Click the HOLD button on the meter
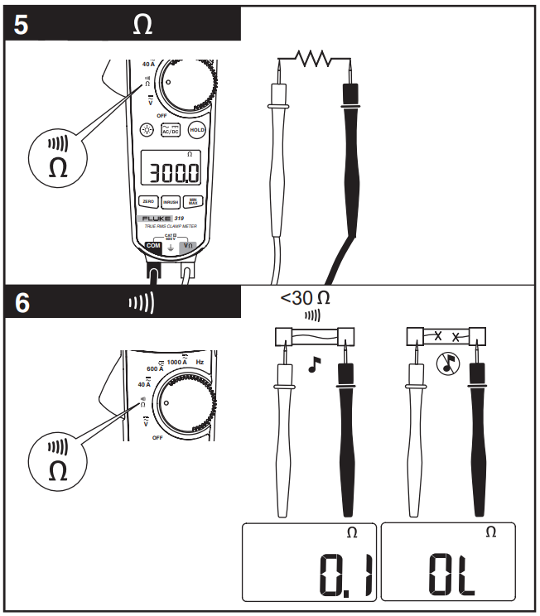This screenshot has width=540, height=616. click(196, 130)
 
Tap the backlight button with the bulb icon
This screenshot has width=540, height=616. click(147, 130)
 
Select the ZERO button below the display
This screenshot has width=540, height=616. click(148, 201)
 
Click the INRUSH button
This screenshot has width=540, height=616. click(170, 201)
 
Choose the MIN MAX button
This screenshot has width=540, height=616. click(191, 200)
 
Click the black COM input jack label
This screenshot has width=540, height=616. click(152, 246)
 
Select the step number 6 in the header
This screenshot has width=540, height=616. click(22, 303)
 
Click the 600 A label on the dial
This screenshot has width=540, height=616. click(156, 369)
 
